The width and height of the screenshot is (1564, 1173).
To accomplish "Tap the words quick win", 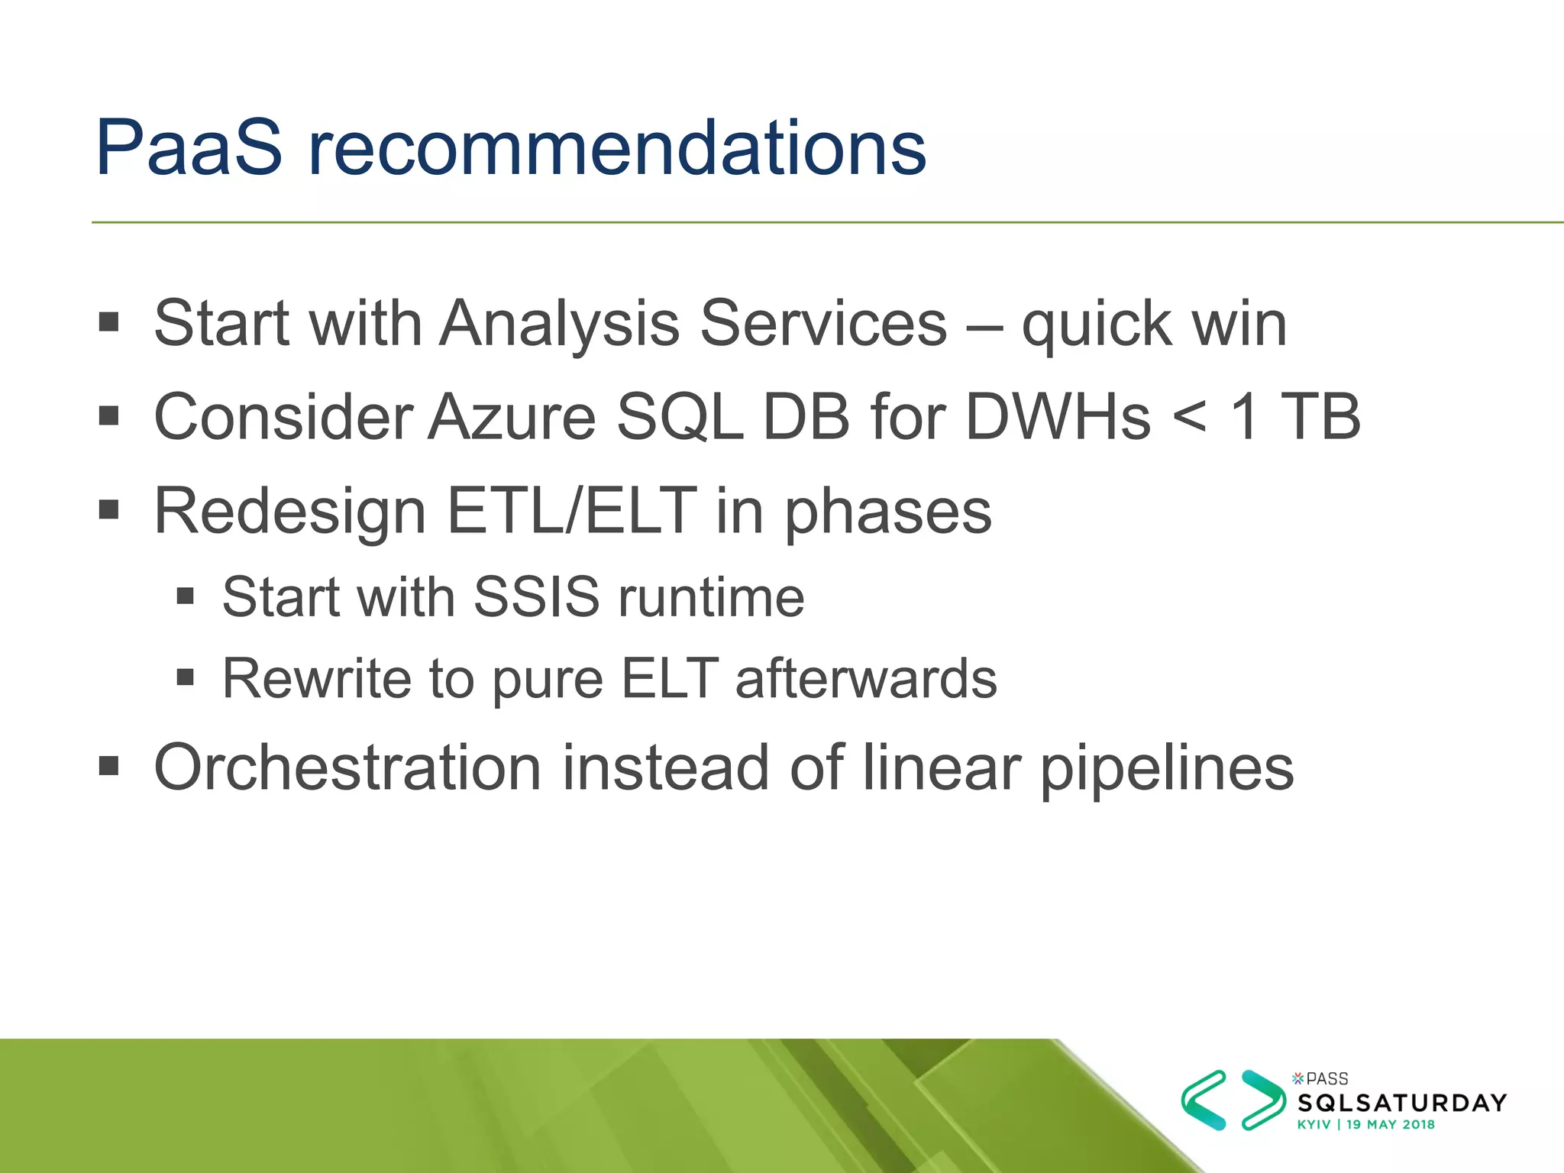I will (1155, 324).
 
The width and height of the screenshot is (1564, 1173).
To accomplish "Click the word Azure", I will (512, 417).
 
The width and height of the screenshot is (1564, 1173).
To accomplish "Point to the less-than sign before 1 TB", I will (1190, 417).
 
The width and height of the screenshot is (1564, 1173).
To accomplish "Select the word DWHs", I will (1058, 417).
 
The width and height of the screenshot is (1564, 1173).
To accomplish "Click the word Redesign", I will (289, 512).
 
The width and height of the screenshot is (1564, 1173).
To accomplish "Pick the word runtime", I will (711, 596).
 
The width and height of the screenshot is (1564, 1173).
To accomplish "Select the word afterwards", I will (866, 678).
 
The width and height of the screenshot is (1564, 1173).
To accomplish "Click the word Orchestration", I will (347, 767).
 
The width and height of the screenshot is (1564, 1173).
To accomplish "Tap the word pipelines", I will (1167, 769).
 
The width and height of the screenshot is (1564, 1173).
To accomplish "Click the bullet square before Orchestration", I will (108, 766).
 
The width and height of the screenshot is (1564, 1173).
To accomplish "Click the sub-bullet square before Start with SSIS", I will (185, 596).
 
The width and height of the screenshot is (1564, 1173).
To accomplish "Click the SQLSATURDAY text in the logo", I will (1402, 1103).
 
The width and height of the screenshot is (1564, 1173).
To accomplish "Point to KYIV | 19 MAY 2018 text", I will (1365, 1125).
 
